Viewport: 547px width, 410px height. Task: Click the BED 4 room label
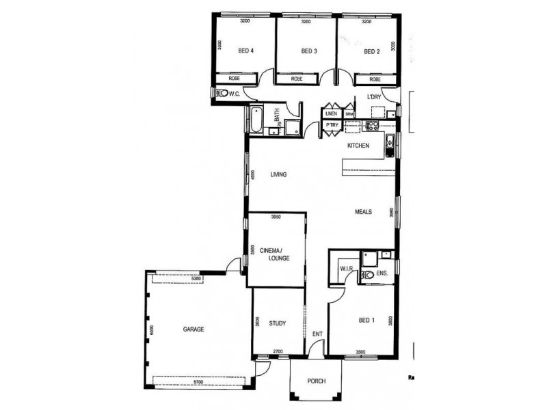pyautogui.click(x=246, y=51)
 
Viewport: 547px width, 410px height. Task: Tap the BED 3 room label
pyautogui.click(x=309, y=51)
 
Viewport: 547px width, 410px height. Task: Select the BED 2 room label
pyautogui.click(x=371, y=51)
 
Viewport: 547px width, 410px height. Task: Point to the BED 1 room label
pyautogui.click(x=367, y=320)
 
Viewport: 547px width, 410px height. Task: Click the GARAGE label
pyautogui.click(x=194, y=329)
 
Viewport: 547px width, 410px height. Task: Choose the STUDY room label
pyautogui.click(x=277, y=323)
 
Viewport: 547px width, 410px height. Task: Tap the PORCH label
pyautogui.click(x=316, y=381)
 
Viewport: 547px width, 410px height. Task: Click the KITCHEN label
pyautogui.click(x=358, y=146)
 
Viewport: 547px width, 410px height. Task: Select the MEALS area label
pyautogui.click(x=363, y=212)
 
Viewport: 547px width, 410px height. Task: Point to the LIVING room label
pyautogui.click(x=278, y=174)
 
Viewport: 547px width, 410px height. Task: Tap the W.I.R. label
pyautogui.click(x=346, y=269)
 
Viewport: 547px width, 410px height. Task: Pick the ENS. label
pyautogui.click(x=382, y=273)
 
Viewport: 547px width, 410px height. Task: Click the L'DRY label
pyautogui.click(x=374, y=97)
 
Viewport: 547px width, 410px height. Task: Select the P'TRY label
pyautogui.click(x=332, y=126)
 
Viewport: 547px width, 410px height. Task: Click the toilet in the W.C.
pyautogui.click(x=221, y=93)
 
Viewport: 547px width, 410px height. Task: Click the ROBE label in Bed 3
pyautogui.click(x=297, y=79)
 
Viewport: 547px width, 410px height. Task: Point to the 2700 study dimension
pyautogui.click(x=278, y=352)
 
